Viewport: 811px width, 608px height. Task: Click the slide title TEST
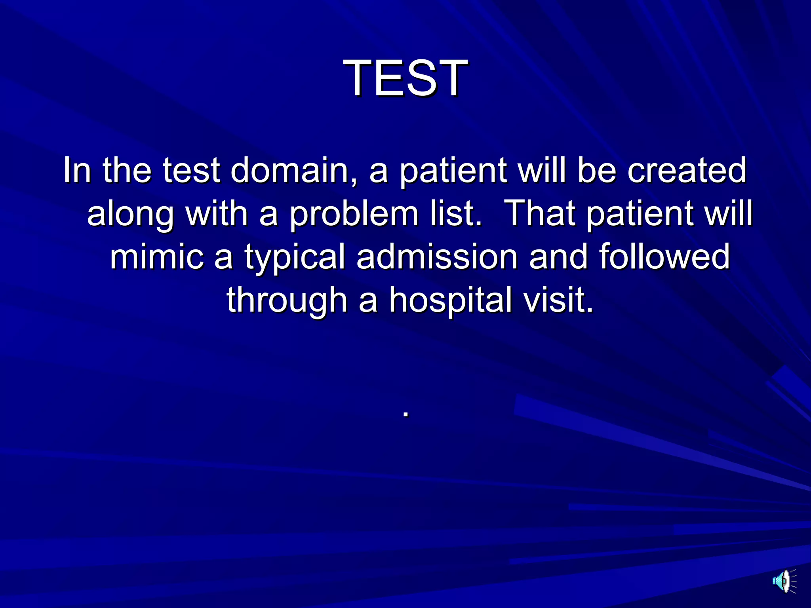[x=405, y=78]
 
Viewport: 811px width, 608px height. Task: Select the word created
[x=687, y=170]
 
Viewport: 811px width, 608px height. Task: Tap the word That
[x=541, y=214]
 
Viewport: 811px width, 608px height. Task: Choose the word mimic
[x=157, y=256]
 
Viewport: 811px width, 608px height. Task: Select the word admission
[x=437, y=256]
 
